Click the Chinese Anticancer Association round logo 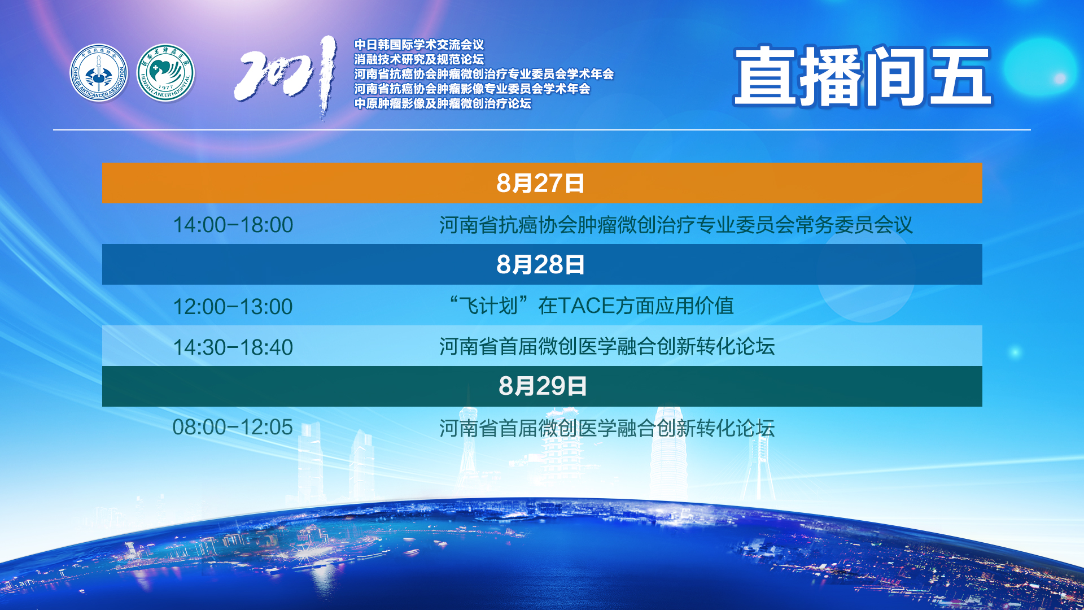coord(99,73)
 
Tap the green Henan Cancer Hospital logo coord(166,73)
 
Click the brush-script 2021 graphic coord(286,77)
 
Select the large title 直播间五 coord(863,76)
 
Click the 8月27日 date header coord(540,184)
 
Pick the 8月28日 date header coord(540,265)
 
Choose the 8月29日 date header coord(543,386)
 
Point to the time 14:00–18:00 coord(233,225)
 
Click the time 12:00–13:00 coord(233,307)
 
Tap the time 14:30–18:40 coord(233,347)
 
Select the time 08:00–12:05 coord(233,427)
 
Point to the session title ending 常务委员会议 coord(676,225)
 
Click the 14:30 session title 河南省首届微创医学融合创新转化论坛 coord(607,347)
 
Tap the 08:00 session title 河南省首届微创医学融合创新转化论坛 coord(607,428)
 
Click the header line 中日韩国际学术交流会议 coord(419,45)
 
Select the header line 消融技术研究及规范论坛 coord(419,59)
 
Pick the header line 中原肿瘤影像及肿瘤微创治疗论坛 coord(443,103)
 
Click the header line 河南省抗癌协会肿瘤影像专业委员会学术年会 coord(472,89)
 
